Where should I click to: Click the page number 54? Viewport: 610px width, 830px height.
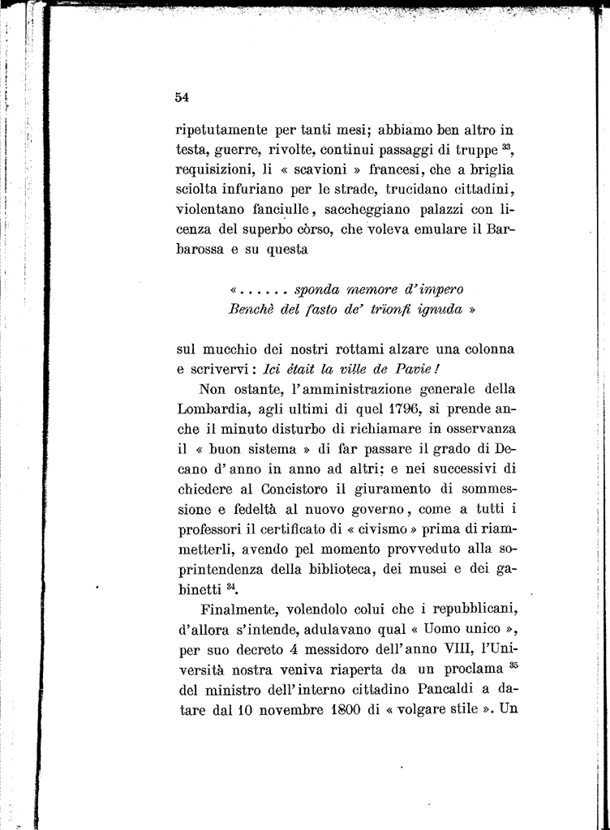click(x=182, y=98)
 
